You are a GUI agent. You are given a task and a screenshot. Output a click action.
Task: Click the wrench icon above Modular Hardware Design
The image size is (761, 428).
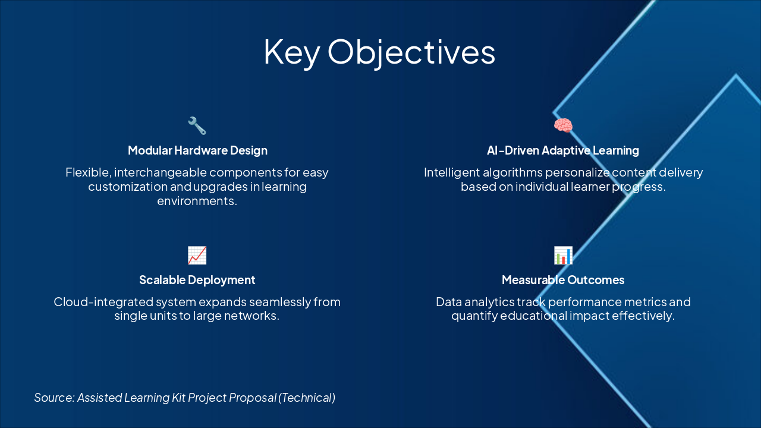point(197,125)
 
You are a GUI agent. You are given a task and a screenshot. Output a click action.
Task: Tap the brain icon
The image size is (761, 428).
point(563,125)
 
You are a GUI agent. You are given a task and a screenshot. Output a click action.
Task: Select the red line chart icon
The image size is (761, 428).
point(197,256)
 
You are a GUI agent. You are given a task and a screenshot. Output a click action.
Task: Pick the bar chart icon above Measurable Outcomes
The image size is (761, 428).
point(563,256)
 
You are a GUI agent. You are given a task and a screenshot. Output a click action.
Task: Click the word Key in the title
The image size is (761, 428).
point(292,52)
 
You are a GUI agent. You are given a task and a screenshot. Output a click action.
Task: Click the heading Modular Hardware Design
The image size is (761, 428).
point(197,150)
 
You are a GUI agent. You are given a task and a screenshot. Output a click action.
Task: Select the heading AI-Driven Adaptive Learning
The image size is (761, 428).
point(563,150)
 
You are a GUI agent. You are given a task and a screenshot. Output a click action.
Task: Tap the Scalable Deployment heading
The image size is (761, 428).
point(197,280)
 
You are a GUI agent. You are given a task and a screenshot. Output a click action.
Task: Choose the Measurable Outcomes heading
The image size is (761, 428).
point(563,280)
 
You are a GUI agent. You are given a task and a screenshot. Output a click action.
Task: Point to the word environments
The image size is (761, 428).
point(197,201)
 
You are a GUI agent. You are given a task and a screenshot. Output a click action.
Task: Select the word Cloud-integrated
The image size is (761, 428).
point(103,302)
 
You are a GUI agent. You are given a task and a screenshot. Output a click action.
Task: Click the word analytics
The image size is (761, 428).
point(489,302)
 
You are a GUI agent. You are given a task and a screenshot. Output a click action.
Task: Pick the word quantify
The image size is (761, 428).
point(474,316)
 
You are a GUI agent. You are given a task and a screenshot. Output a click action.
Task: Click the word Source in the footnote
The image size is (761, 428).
point(54,398)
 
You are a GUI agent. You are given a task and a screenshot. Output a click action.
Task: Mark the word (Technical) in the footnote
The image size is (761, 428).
point(307,398)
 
